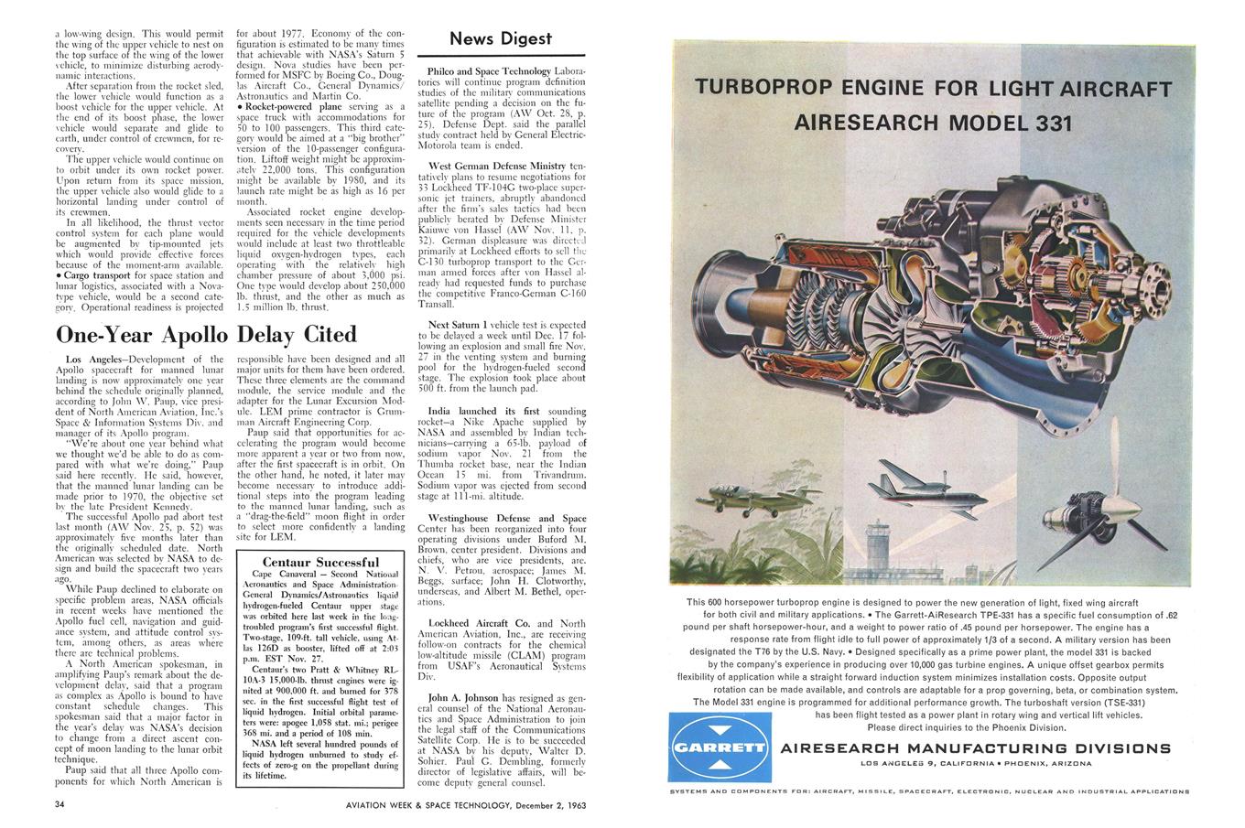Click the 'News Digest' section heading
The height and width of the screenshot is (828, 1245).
coord(501,38)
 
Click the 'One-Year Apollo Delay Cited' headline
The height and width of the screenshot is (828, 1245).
coord(206,333)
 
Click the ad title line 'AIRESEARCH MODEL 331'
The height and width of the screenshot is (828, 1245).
coord(933,123)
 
